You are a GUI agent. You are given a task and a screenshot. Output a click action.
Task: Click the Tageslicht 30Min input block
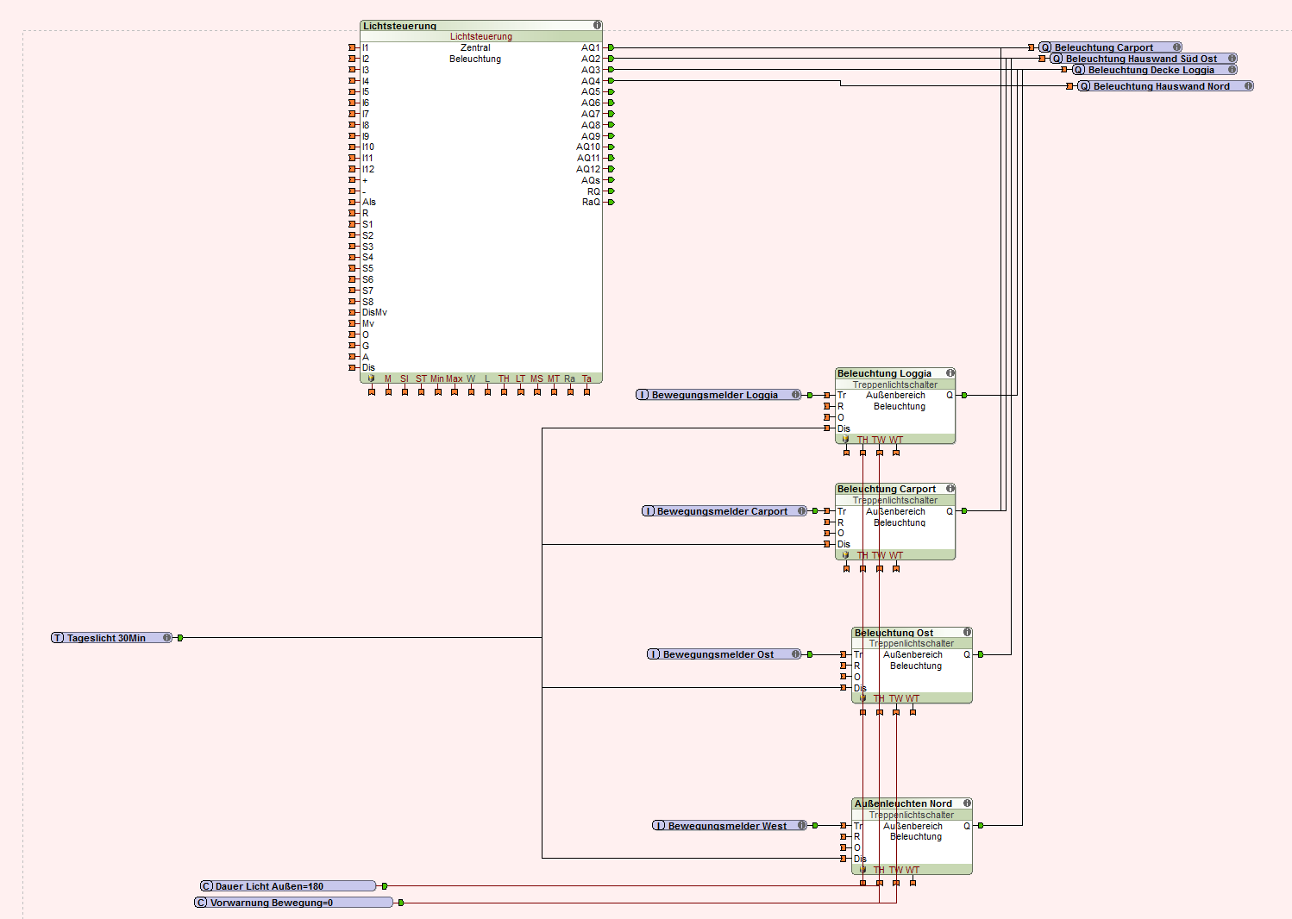tap(106, 638)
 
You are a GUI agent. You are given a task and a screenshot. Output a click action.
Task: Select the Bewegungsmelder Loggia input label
tap(714, 395)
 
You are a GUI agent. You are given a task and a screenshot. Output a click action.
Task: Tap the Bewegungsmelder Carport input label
tap(722, 511)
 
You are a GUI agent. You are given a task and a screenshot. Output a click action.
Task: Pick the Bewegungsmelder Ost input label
tap(718, 654)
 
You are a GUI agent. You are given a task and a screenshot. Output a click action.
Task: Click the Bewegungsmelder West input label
tap(727, 826)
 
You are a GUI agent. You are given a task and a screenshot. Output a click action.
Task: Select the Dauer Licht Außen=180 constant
tap(269, 886)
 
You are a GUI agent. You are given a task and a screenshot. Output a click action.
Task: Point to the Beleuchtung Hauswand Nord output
tap(1161, 86)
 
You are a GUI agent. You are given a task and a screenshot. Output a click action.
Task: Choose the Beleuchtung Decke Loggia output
tap(1151, 70)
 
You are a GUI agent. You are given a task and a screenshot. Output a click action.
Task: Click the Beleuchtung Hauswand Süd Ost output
tap(1141, 59)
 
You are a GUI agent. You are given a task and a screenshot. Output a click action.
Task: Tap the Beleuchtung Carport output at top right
tap(1103, 47)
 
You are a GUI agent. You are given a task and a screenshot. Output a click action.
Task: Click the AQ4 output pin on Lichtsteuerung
tap(611, 81)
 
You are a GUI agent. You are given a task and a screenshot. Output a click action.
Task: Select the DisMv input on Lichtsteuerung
tap(374, 312)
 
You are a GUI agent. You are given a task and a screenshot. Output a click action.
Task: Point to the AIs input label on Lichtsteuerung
tap(369, 202)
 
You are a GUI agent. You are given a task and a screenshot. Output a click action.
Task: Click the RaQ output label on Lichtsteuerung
tap(591, 202)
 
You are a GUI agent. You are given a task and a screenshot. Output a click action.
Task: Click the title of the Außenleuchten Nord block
tap(903, 803)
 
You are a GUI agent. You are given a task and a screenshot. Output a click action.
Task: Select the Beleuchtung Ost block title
tap(894, 633)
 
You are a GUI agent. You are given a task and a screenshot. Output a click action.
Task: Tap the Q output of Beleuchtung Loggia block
tap(950, 395)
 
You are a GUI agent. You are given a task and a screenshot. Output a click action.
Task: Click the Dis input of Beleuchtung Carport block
tap(843, 544)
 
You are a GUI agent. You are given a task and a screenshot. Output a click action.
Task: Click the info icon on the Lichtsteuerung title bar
tap(597, 25)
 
